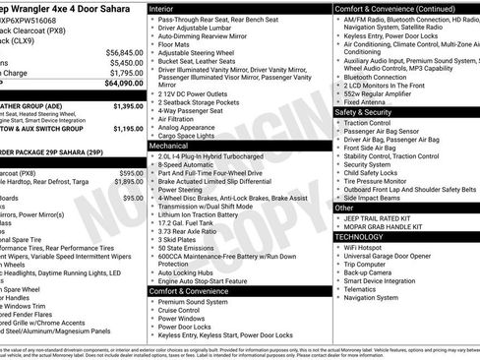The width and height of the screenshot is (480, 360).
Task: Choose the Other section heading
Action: (345, 208)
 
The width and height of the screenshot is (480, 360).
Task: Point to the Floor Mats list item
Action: (174, 44)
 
